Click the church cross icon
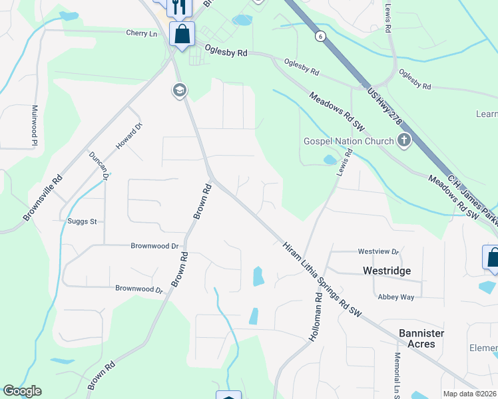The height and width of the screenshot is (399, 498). point(403,140)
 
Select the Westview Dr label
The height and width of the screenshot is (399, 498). point(377,252)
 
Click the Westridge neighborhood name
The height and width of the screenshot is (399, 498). point(386,271)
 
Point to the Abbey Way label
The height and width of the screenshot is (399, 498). point(395,297)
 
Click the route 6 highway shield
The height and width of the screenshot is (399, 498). point(321,38)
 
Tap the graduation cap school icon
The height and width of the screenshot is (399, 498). point(178,90)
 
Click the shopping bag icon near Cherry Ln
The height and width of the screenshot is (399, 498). point(181,33)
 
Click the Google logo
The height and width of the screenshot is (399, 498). point(22,391)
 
